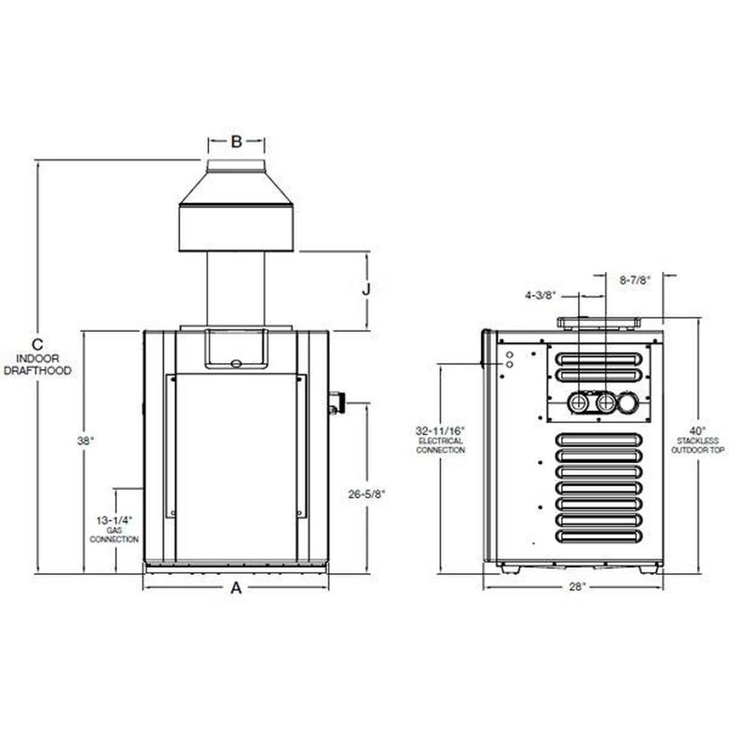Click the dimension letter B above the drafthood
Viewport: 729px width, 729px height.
click(x=236, y=142)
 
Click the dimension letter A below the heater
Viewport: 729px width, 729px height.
click(x=236, y=589)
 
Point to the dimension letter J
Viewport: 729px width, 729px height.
click(x=366, y=290)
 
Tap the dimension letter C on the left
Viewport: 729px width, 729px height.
click(x=38, y=344)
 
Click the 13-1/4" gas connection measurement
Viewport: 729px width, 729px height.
click(x=114, y=520)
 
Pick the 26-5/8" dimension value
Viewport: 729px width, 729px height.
click(x=367, y=494)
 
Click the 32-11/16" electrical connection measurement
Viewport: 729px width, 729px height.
click(x=440, y=431)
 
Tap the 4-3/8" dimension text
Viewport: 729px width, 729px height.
click(x=541, y=295)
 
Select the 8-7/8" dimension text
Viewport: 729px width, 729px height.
click(x=634, y=280)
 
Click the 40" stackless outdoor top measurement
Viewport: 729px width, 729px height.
click(x=698, y=430)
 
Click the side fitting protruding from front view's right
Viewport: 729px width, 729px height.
click(x=334, y=403)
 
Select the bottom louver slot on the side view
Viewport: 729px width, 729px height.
click(x=596, y=535)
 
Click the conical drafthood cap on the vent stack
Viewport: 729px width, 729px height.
click(x=236, y=189)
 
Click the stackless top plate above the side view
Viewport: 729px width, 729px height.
click(x=598, y=323)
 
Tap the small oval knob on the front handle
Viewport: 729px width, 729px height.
click(x=236, y=364)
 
